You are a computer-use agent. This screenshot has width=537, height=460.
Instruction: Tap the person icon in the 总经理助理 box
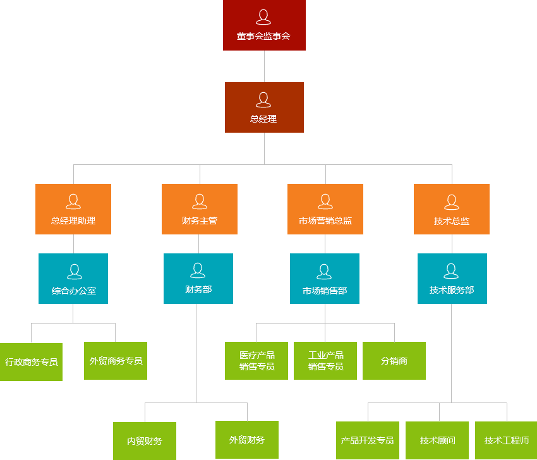coord(73,202)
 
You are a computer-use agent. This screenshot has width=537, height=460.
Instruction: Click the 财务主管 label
coord(200,221)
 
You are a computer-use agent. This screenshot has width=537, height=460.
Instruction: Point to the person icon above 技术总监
coord(452,202)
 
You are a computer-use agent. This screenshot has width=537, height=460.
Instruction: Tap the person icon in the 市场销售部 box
coord(325,272)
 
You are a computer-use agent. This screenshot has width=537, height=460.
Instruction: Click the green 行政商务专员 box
coord(31,362)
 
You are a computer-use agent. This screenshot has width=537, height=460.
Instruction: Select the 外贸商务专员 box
coord(116,361)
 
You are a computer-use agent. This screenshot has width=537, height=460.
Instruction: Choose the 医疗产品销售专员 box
coord(256,361)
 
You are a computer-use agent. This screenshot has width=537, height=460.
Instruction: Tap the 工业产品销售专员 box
coord(325,361)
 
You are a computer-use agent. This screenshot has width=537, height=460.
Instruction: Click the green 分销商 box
coord(394,361)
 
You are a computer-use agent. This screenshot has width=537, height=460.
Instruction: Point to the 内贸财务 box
coord(145,441)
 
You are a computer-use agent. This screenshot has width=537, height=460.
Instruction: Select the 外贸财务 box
coord(247,440)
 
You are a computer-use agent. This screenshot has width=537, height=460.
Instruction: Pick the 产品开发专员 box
coord(368,440)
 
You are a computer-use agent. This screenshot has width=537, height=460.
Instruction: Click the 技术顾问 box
coord(437,440)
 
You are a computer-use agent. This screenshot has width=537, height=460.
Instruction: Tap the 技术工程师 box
coord(506,440)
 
